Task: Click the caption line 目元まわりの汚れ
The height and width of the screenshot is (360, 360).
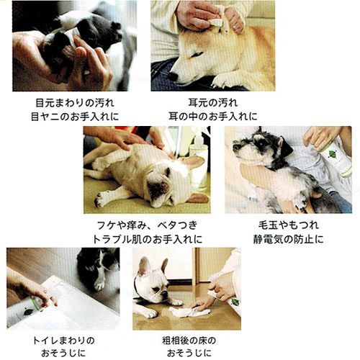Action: click(x=75, y=103)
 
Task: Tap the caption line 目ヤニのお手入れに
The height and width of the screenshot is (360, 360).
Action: click(x=75, y=117)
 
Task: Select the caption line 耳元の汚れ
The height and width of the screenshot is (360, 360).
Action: click(x=213, y=103)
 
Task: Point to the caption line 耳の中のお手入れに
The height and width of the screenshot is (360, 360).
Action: click(x=213, y=117)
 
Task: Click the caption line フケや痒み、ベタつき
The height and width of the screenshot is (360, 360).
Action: click(x=147, y=225)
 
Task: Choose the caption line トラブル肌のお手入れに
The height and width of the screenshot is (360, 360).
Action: click(x=147, y=239)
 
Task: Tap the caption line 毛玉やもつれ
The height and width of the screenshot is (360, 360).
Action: click(x=289, y=225)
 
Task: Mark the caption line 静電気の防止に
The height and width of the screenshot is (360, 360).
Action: click(x=289, y=239)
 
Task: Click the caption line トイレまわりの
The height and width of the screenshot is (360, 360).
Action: click(x=63, y=341)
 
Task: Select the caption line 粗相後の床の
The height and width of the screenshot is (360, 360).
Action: click(x=189, y=341)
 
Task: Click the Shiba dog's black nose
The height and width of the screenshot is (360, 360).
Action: click(x=173, y=76)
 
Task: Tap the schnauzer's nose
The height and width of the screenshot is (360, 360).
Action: click(x=235, y=147)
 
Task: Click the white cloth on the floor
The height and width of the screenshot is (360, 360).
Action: click(x=189, y=312)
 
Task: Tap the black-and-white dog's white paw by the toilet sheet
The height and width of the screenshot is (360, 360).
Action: click(x=99, y=285)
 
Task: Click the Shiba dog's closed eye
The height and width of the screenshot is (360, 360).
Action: click(x=197, y=55)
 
